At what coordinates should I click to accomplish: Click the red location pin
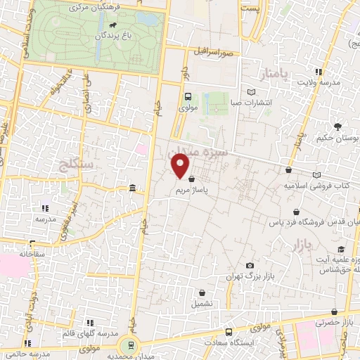181,167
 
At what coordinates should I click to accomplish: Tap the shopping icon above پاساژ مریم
191,179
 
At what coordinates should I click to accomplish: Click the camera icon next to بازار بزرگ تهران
250,265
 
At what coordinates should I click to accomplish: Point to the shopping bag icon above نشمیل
202,293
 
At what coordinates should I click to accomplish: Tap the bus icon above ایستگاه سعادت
229,333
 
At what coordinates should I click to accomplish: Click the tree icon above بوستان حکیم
338,127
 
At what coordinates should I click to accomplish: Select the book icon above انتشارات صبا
252,92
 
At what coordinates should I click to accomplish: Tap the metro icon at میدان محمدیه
128,345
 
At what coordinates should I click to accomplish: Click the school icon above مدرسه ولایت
319,72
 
